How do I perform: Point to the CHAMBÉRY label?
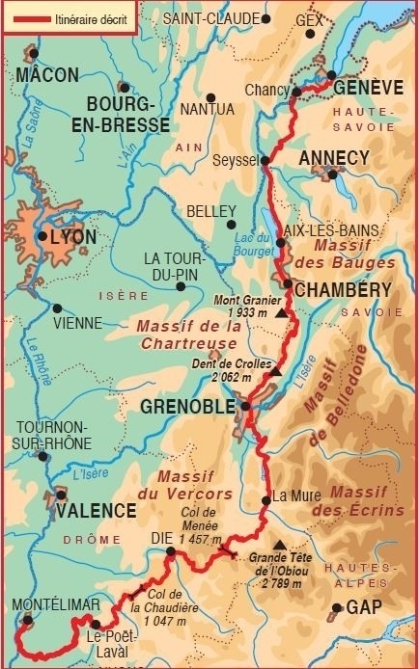(343, 290)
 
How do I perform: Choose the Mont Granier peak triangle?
(281, 314)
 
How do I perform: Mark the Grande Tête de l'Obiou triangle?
(279, 544)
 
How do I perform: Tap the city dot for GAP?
(336, 609)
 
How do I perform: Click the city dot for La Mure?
(265, 499)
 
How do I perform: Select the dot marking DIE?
(170, 552)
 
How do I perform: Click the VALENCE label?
(96, 511)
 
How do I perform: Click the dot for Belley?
(230, 225)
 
